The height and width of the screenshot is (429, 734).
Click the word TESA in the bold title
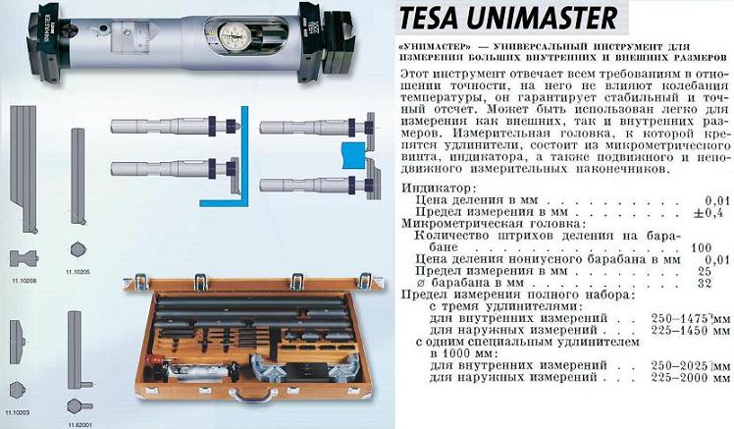(428, 18)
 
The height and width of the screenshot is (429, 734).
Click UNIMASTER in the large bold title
(542, 18)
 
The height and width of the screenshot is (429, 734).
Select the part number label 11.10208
(24, 281)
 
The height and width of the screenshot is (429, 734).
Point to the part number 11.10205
(78, 272)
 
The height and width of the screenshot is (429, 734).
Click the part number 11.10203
(19, 413)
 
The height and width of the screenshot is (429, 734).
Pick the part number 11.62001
(79, 425)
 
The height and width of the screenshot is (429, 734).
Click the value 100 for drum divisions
(701, 247)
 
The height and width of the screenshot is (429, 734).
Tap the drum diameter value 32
(704, 283)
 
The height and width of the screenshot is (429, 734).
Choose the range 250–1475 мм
(691, 318)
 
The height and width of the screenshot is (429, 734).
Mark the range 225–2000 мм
(691, 378)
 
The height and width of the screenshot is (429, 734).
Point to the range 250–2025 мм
(691, 366)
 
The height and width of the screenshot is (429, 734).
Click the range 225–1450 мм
(691, 330)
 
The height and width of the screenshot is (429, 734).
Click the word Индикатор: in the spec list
(439, 188)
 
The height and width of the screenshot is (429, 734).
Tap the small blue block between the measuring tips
(354, 155)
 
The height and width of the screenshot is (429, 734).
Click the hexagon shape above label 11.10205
(79, 249)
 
